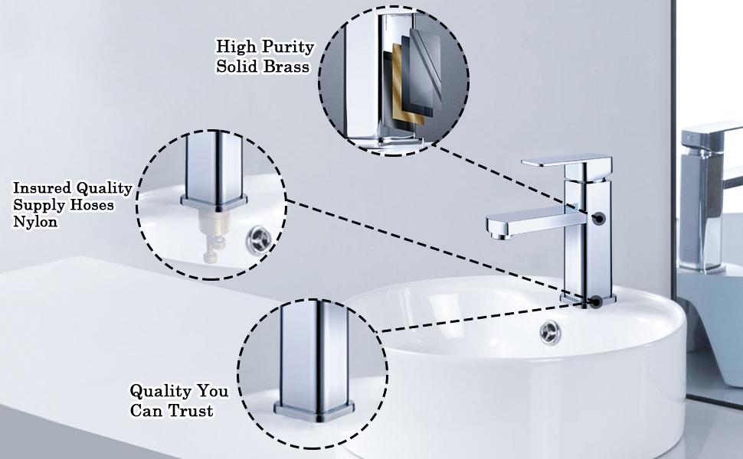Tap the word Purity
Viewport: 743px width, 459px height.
pos(288,47)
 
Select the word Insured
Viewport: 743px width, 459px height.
pos(42,188)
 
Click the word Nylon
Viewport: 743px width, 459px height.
pos(35,222)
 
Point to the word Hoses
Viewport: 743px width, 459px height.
pos(92,205)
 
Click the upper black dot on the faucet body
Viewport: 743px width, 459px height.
pos(600,219)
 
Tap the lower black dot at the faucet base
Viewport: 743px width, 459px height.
pos(596,302)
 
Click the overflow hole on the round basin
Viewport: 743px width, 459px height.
pos(550,332)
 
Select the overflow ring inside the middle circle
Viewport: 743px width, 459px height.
pos(259,240)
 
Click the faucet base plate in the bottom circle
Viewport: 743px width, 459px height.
pos(314,412)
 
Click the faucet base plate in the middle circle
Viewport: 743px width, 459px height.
pos(214,203)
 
